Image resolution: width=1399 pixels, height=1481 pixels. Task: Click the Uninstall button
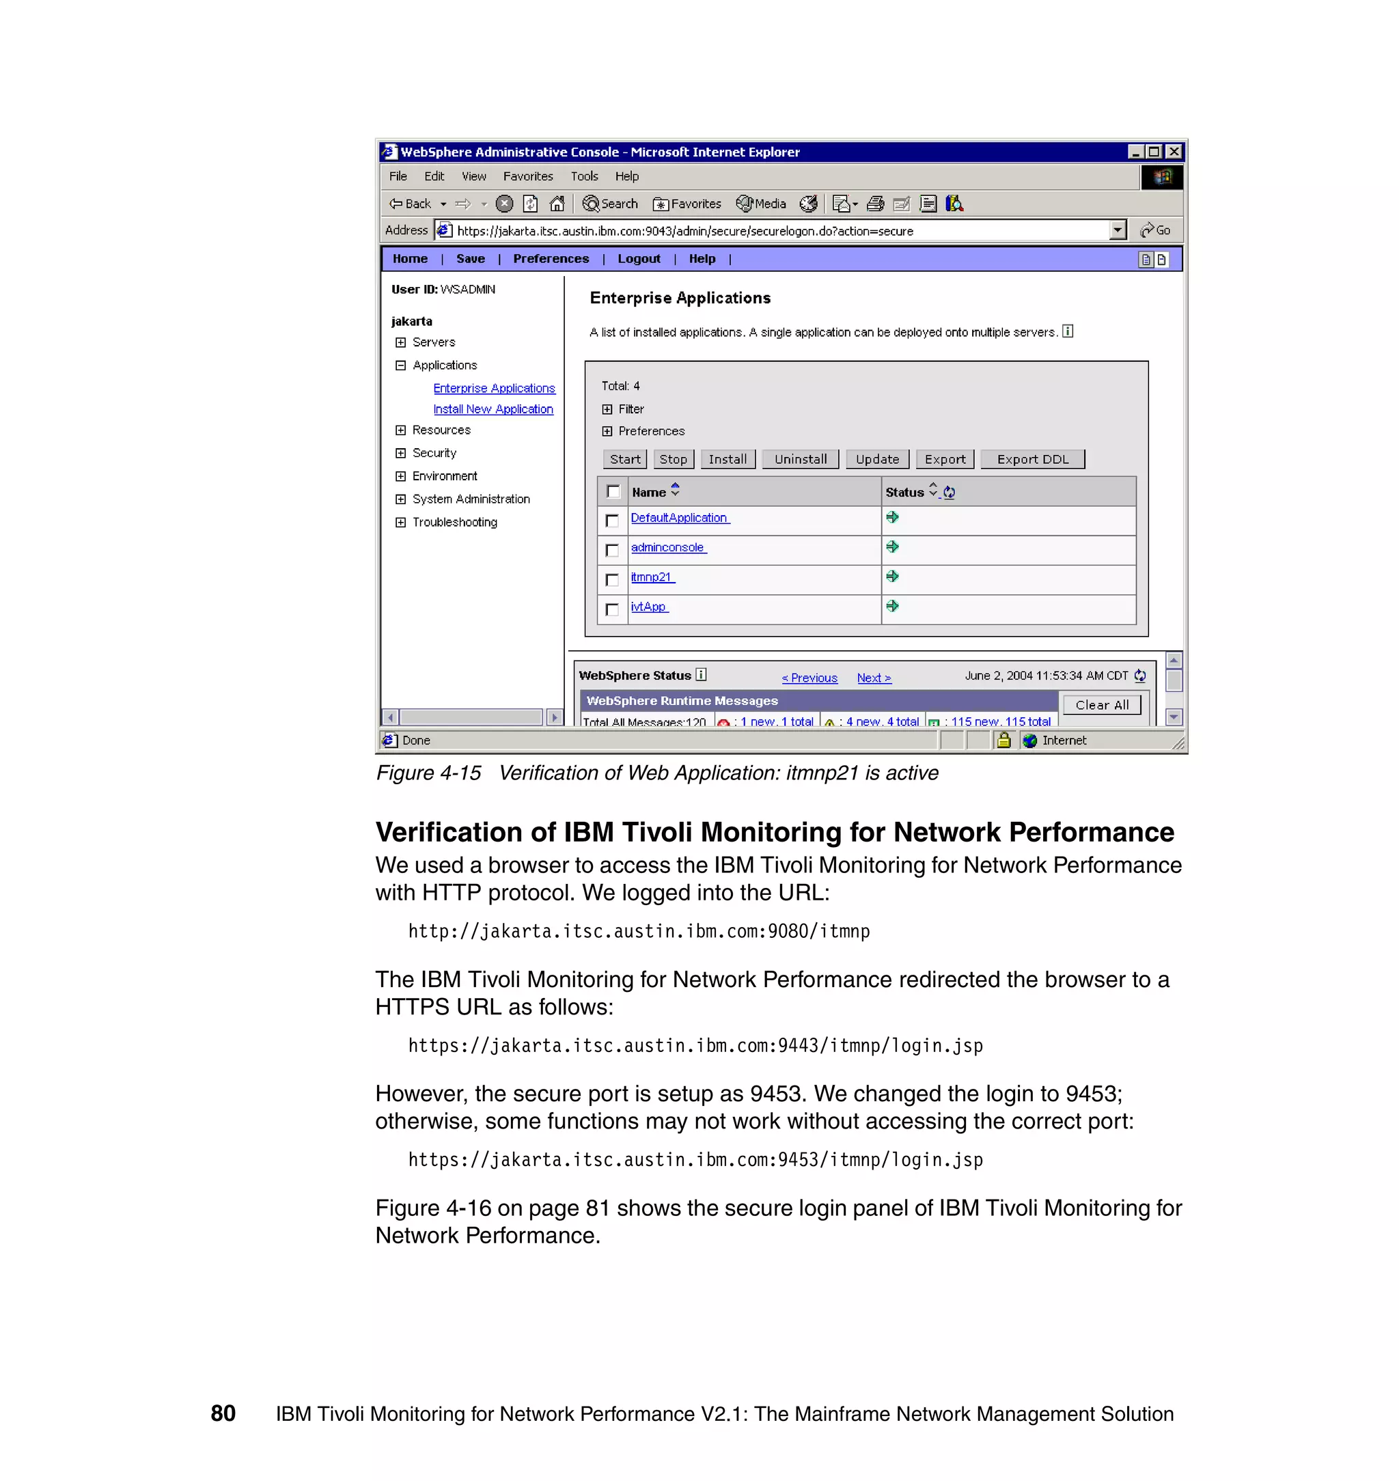[x=800, y=459]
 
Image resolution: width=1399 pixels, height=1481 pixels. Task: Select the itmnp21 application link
[x=651, y=577]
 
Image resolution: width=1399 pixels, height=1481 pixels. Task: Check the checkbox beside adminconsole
[x=612, y=551]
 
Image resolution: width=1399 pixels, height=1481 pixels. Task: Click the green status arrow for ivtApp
[x=892, y=607]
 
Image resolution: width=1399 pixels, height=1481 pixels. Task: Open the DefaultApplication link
[x=678, y=518]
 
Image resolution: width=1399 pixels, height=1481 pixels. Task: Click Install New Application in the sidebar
[x=493, y=409]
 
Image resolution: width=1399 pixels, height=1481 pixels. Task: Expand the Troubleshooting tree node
[x=400, y=522]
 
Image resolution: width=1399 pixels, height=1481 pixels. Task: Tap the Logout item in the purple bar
[x=638, y=259]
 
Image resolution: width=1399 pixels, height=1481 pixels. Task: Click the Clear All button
[x=1101, y=705]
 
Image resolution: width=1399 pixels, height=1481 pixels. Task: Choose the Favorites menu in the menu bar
[x=527, y=177]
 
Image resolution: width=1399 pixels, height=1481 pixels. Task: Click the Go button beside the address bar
[x=1155, y=230]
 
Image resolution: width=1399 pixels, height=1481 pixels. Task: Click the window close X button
[x=1174, y=152]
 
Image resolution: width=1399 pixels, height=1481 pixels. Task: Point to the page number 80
[x=223, y=1413]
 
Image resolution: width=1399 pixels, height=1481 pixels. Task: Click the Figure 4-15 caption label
[x=428, y=773]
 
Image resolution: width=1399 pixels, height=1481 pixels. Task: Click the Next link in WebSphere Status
[x=873, y=678]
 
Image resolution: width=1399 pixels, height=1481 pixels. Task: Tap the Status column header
[x=904, y=492]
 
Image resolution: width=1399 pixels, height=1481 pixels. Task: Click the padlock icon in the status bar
[x=1003, y=740]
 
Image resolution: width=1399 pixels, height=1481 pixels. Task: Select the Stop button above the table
[x=673, y=459]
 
